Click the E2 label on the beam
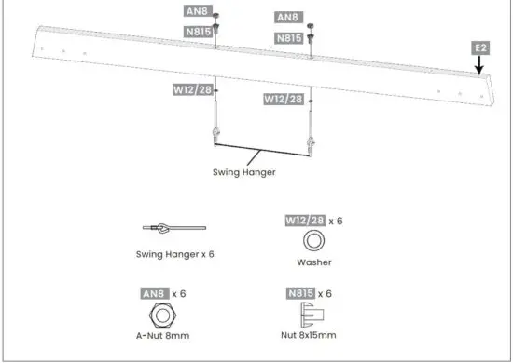point(481,46)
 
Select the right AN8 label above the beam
point(288,18)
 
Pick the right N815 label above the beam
point(288,37)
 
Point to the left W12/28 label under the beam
point(190,90)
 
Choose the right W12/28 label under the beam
point(283,99)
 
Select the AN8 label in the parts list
point(153,294)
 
